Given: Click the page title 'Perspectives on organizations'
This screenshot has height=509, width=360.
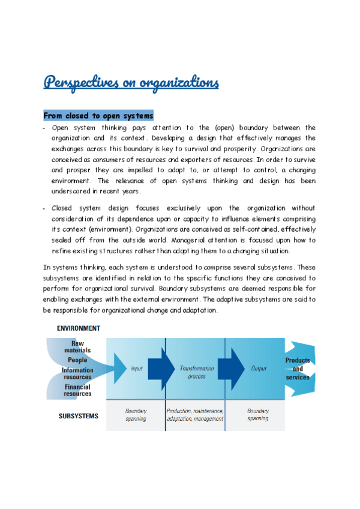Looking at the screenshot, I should [x=131, y=82].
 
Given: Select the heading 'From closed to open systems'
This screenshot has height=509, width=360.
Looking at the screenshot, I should [x=98, y=115].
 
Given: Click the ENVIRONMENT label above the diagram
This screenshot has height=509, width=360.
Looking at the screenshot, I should [x=79, y=328].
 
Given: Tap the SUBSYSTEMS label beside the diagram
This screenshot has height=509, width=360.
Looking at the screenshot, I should [x=79, y=415].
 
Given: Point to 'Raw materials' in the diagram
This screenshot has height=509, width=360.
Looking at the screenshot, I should [x=77, y=346].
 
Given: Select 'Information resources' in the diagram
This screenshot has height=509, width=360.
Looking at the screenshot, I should [x=77, y=373].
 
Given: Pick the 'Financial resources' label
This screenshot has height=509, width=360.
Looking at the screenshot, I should [x=77, y=390].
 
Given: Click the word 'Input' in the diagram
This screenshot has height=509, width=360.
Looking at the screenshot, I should [x=136, y=368].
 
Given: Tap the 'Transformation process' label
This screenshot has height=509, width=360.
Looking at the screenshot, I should [x=193, y=372].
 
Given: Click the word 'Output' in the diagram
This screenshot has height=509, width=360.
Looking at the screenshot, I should [x=258, y=368].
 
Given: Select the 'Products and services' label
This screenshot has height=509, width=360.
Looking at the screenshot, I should [x=298, y=369].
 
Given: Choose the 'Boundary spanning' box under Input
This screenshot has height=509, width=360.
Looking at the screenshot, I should [x=136, y=415].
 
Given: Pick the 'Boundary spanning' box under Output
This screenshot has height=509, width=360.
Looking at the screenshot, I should [x=258, y=415].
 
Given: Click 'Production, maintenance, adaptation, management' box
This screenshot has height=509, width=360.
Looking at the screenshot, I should [x=195, y=415].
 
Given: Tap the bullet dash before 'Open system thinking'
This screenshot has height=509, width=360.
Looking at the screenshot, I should [x=45, y=128].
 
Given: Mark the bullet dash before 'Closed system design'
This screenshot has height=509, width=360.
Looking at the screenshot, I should [x=45, y=208].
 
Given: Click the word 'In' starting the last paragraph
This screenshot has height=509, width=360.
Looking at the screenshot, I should [x=46, y=267].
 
